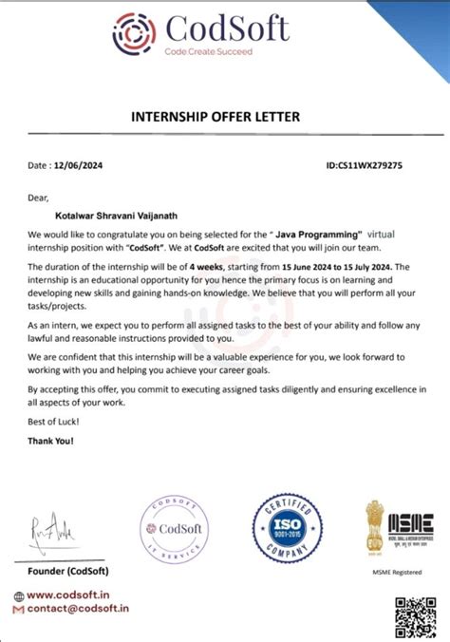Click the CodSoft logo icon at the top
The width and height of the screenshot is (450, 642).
133,36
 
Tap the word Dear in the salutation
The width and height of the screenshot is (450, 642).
38,198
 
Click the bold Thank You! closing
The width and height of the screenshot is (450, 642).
50,441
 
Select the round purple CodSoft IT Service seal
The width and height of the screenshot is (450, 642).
174,529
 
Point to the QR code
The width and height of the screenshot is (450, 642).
414,612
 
